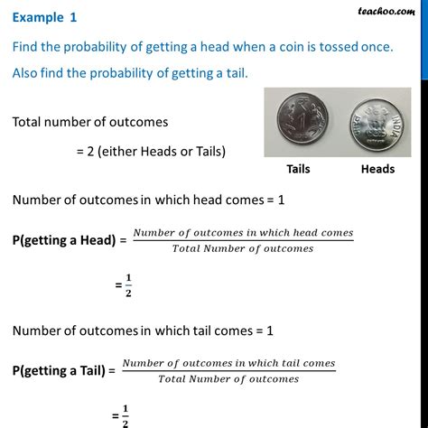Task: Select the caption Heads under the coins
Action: pos(377,169)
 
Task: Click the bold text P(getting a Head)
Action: pos(68,241)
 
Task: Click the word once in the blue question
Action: pos(373,47)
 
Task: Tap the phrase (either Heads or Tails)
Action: pos(156,150)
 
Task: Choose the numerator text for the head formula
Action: pos(243,234)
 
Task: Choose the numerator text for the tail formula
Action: pos(228,364)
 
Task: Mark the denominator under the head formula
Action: pos(243,248)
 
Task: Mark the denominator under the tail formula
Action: pos(228,378)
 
